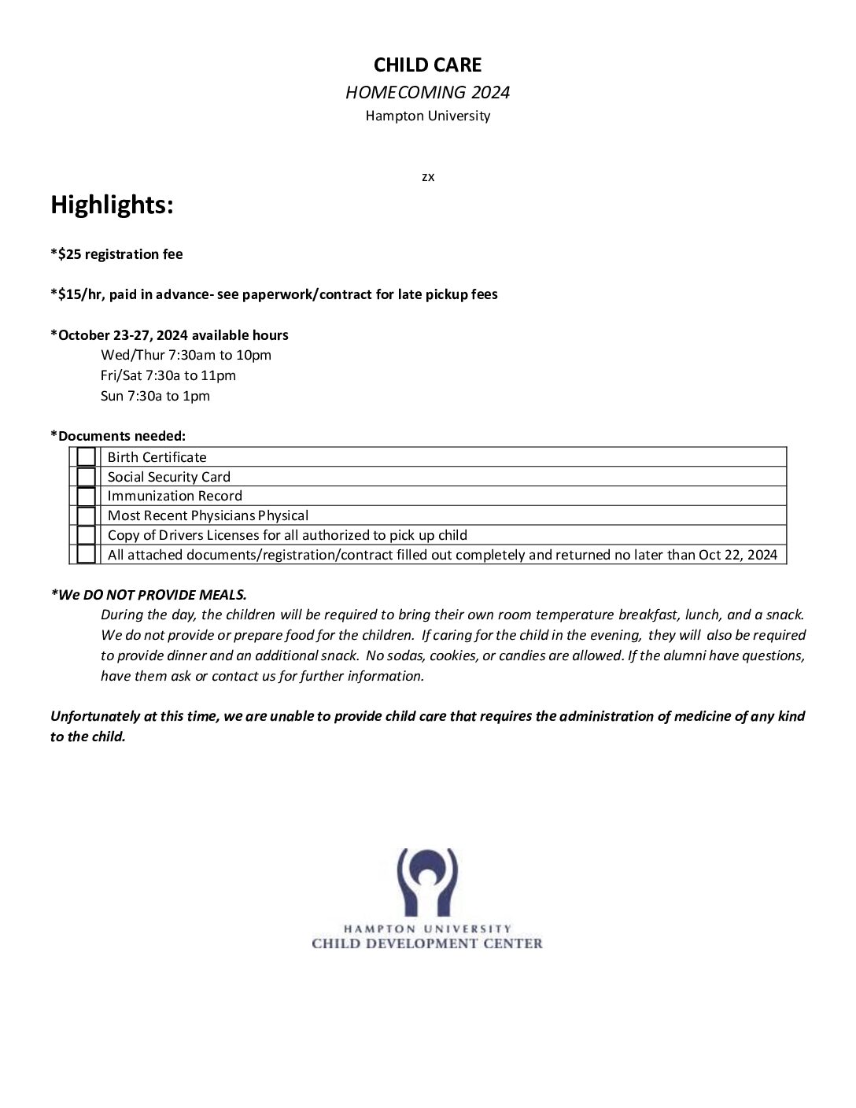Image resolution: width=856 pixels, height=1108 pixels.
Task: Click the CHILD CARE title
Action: point(427,65)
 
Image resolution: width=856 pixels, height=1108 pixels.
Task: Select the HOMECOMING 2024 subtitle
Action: point(427,92)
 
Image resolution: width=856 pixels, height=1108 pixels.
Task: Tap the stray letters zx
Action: point(428,177)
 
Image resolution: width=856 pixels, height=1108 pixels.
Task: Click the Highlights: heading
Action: point(112,205)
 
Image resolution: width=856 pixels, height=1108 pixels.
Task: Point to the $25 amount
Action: point(69,254)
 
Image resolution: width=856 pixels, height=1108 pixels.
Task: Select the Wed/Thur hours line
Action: point(186,355)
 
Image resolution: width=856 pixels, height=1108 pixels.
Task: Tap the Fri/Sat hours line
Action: point(168,375)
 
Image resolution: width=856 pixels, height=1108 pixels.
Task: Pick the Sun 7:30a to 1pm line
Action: point(155,396)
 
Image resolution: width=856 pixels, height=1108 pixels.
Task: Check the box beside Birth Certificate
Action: point(87,457)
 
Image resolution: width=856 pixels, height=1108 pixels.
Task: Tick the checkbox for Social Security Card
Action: point(87,477)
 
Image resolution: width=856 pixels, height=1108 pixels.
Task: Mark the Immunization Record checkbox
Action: point(87,496)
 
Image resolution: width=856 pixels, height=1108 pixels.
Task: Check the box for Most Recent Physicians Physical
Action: point(87,515)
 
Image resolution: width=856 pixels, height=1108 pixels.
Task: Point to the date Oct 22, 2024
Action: point(737,555)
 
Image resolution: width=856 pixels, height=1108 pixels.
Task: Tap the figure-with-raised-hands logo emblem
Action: point(427,881)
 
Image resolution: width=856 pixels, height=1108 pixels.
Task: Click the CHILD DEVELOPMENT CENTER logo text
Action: point(427,944)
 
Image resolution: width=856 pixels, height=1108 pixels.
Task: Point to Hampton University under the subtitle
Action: point(427,116)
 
